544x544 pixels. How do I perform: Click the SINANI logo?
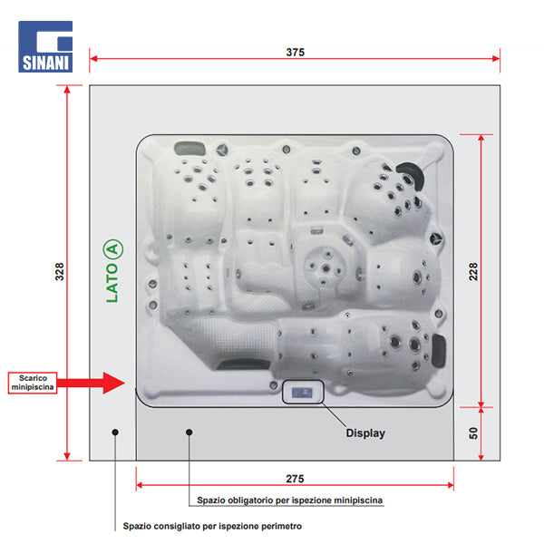(x=45, y=46)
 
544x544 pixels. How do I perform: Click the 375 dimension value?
(x=296, y=52)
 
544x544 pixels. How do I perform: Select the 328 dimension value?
(x=60, y=271)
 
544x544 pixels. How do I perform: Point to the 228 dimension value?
(x=473, y=271)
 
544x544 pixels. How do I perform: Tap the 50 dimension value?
(x=473, y=433)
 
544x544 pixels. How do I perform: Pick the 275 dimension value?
(x=295, y=479)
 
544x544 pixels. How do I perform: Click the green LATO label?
(x=112, y=283)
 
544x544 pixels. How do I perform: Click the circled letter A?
(x=113, y=249)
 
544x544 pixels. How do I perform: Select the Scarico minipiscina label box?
(x=33, y=383)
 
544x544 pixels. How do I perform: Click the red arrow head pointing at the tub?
(x=114, y=383)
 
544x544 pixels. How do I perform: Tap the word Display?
(x=365, y=433)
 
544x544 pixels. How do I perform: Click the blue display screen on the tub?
(x=302, y=393)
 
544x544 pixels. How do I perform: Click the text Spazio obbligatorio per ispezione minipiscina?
(x=290, y=500)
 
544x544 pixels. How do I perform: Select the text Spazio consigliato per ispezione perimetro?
(x=212, y=526)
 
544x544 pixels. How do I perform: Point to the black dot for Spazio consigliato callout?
(x=115, y=432)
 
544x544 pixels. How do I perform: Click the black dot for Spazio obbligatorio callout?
(x=189, y=432)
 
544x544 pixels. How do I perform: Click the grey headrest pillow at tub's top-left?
(x=189, y=149)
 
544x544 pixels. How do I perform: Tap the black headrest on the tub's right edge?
(x=439, y=350)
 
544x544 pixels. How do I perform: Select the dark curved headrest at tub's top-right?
(x=412, y=174)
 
